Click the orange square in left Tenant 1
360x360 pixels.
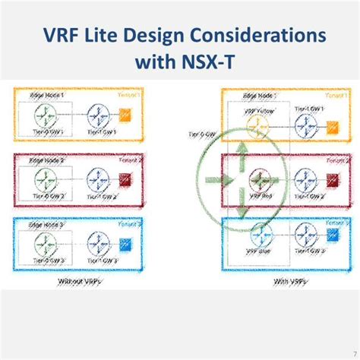coord(128,116)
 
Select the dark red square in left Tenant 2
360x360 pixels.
coord(128,181)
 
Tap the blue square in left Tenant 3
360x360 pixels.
coord(128,245)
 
